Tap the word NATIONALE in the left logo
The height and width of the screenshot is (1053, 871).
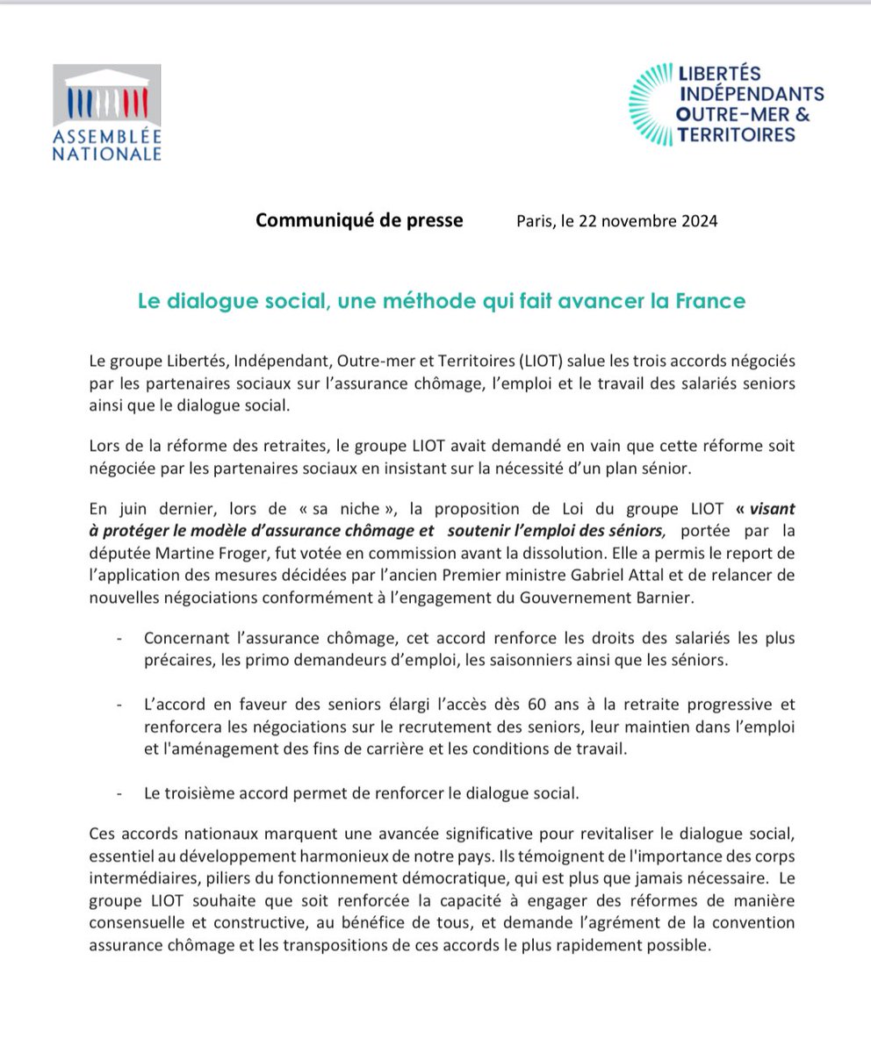(106, 154)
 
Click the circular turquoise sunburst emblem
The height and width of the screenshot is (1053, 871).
(653, 104)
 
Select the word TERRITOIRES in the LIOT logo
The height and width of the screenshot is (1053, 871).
(737, 134)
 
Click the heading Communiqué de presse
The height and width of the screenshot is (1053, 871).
(359, 220)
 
